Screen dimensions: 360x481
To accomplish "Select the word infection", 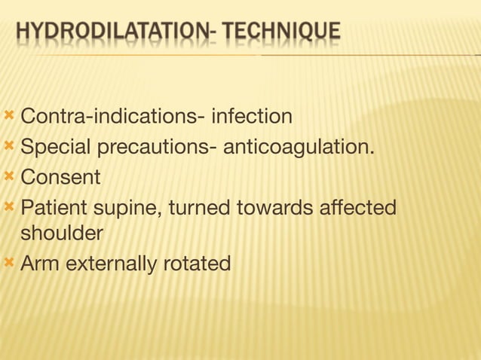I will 252,117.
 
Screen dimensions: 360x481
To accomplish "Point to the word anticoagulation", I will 298,146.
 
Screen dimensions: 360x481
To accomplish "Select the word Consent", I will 60,178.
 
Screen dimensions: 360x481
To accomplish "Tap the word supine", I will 125,207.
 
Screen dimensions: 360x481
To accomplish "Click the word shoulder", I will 62,234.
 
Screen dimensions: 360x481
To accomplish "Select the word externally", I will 112,264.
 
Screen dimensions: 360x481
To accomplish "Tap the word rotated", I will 198,264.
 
